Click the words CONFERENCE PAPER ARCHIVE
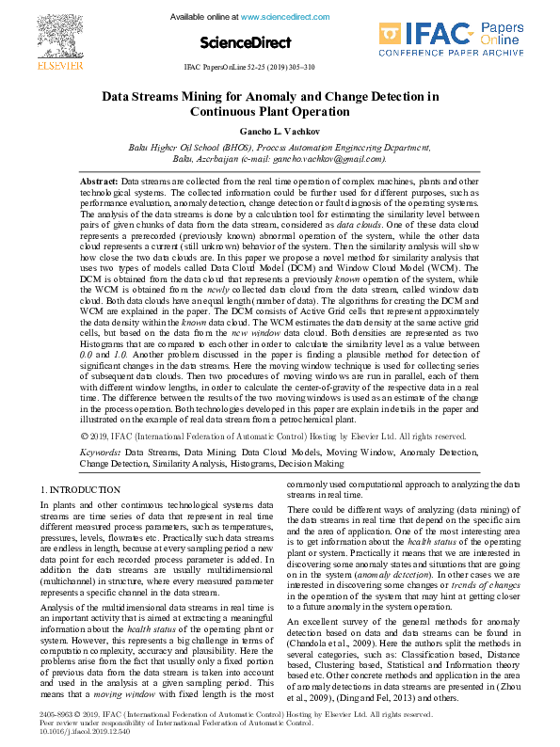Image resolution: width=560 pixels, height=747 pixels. pos(451,55)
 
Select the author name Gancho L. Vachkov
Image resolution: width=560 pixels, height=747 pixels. pos(280,131)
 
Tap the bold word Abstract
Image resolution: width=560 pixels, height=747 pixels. pos(99,179)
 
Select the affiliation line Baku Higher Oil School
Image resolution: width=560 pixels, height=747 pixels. pos(280,148)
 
